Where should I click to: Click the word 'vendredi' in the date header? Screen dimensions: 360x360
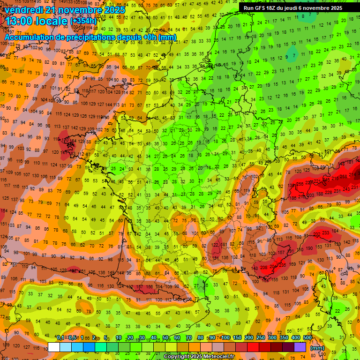click(x=23, y=10)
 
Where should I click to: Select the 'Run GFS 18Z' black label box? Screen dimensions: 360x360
click(x=293, y=8)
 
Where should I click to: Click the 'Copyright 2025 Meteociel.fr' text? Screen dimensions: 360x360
click(x=199, y=357)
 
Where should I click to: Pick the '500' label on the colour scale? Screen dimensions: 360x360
click(x=307, y=337)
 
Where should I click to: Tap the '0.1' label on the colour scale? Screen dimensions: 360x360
click(x=60, y=337)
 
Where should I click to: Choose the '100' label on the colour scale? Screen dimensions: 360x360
click(x=225, y=337)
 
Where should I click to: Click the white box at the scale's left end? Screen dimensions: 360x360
click(x=54, y=347)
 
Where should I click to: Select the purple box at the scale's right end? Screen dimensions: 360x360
click(x=300, y=347)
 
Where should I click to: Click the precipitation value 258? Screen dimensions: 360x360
click(x=344, y=176)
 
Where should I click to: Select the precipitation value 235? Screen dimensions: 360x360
click(x=282, y=265)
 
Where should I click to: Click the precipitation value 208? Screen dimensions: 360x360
click(x=264, y=267)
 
